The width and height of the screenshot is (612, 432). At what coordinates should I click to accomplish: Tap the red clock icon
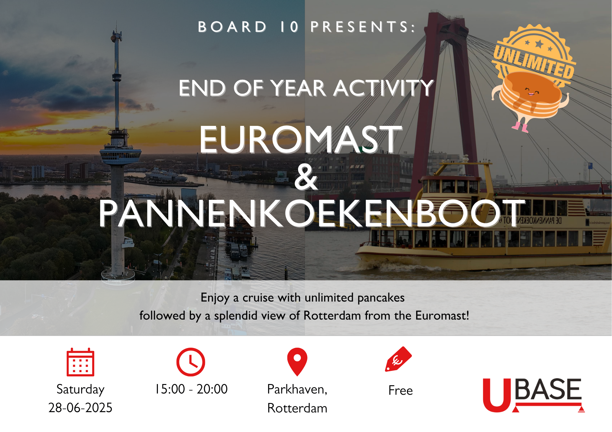click(191, 362)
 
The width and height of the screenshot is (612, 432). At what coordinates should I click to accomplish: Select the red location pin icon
click(297, 362)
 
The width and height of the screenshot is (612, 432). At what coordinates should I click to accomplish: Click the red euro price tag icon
click(398, 359)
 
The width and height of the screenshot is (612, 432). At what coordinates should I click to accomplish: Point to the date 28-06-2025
click(80, 408)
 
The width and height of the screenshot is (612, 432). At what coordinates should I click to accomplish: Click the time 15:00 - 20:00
click(192, 389)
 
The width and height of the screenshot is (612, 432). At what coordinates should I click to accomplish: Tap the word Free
click(401, 390)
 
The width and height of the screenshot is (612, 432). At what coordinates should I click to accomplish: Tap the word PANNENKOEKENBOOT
click(312, 213)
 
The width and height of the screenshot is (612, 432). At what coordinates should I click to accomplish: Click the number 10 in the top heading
click(289, 27)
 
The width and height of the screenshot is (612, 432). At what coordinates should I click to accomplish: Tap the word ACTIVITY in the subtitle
click(384, 88)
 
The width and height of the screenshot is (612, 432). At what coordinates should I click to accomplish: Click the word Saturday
click(80, 390)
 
